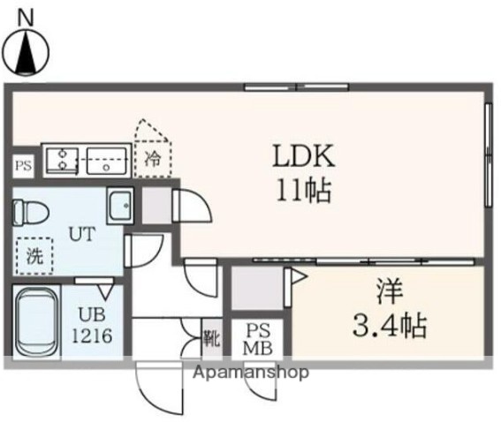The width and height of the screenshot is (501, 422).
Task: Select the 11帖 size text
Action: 302,189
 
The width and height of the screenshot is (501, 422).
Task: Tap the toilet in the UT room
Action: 32,212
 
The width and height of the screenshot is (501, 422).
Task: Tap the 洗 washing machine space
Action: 34,258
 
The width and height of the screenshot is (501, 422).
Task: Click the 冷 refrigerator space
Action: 153,160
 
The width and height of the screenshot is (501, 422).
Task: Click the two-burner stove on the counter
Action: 63,160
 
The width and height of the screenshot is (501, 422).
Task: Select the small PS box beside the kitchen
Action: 22,164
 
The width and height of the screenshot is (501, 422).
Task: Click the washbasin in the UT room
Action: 119,207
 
